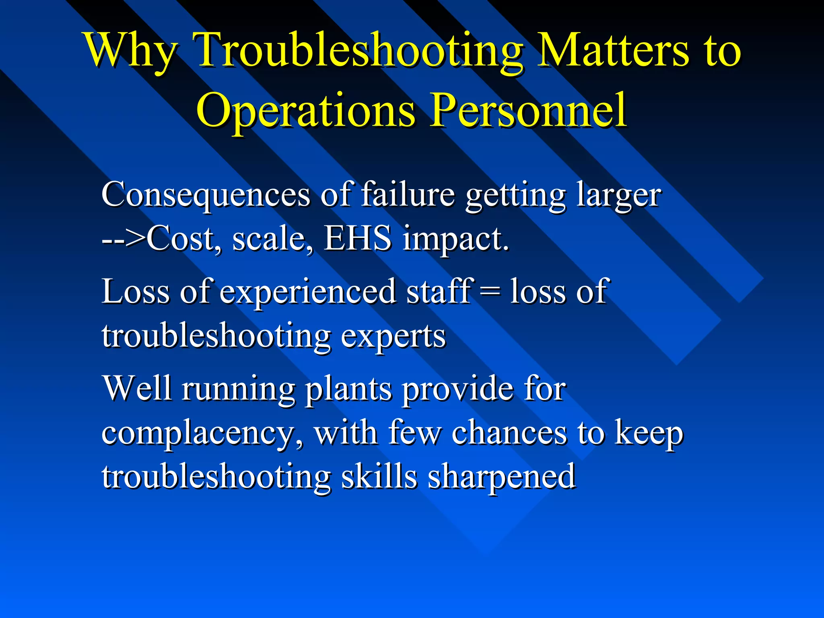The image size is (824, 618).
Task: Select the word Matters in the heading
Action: click(x=612, y=50)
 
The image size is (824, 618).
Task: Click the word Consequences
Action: click(x=205, y=196)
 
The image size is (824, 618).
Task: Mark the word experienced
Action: click(x=308, y=292)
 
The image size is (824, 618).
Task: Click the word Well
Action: click(x=137, y=388)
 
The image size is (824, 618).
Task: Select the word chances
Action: click(x=509, y=433)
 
